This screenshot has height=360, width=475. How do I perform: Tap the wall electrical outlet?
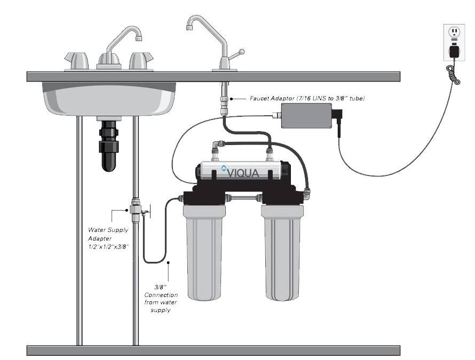(454, 43)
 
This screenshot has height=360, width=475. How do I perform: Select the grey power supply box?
(306, 115)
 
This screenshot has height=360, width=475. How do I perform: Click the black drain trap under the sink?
(108, 145)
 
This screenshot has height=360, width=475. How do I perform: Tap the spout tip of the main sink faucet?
(139, 38)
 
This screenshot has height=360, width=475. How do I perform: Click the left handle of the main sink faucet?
(76, 61)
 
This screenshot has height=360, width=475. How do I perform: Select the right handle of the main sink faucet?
(140, 61)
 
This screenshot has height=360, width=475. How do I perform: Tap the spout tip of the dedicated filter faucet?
(189, 28)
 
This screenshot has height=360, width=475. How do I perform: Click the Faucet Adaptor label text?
(307, 99)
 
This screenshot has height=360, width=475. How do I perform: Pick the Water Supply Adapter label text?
(108, 238)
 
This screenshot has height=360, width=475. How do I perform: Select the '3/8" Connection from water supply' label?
(161, 298)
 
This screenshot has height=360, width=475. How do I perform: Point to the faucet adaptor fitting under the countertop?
(224, 99)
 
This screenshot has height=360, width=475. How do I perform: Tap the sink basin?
(109, 99)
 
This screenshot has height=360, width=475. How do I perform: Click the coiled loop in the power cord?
(453, 75)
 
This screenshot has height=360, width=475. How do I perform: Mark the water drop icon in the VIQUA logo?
(224, 167)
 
